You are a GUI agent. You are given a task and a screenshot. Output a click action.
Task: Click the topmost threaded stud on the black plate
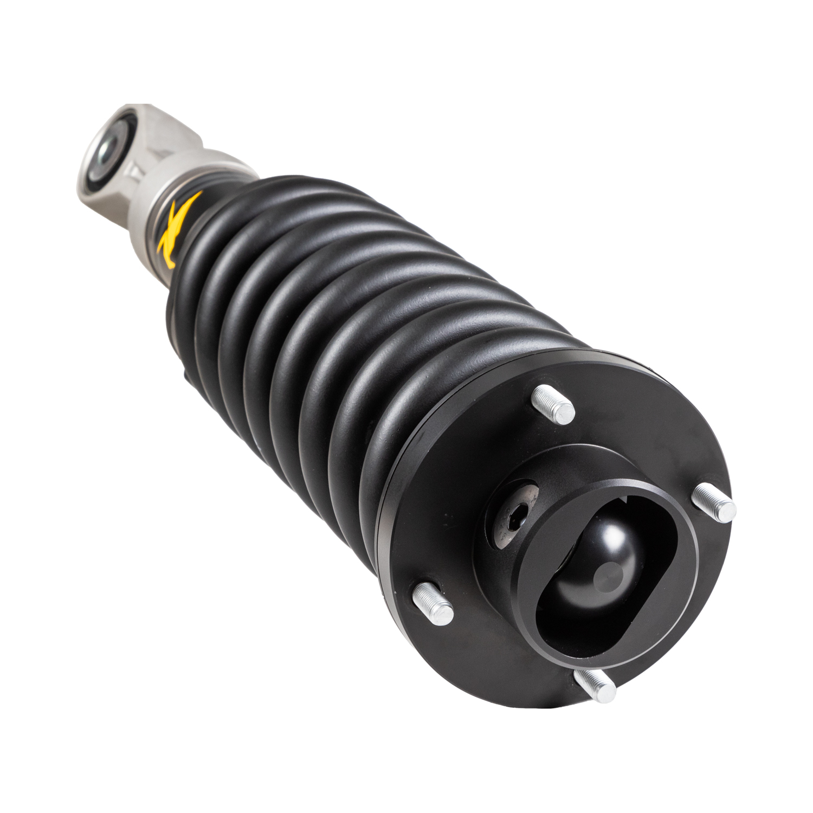coord(553,404)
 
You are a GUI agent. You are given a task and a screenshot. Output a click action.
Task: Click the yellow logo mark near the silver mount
coord(179,228)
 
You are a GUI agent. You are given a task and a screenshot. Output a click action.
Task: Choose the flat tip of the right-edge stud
coord(727,511)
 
